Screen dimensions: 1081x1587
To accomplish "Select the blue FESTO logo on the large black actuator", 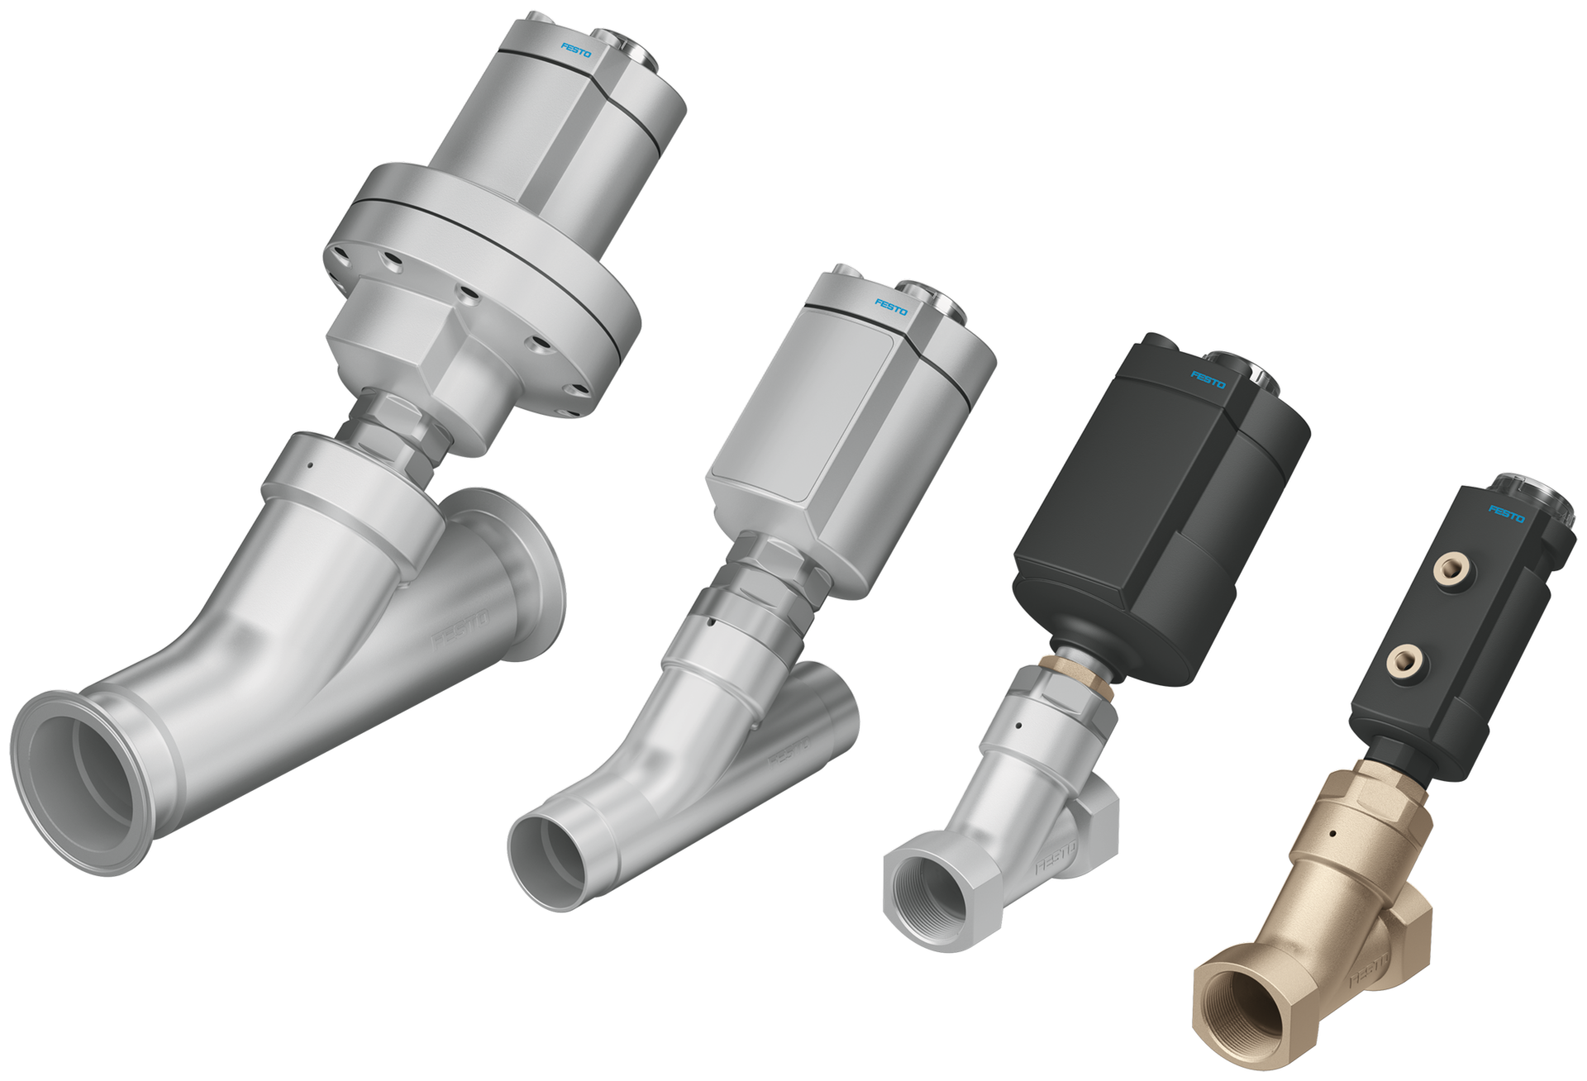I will [1208, 379].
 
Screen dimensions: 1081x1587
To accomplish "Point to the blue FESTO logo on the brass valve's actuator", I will [1506, 514].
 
